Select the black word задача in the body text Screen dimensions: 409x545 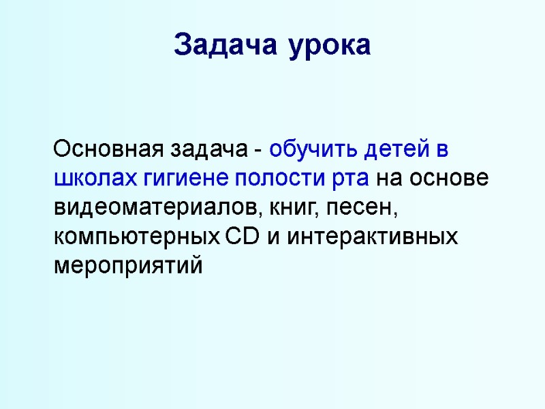213,150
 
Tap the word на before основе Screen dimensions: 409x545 389,179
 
